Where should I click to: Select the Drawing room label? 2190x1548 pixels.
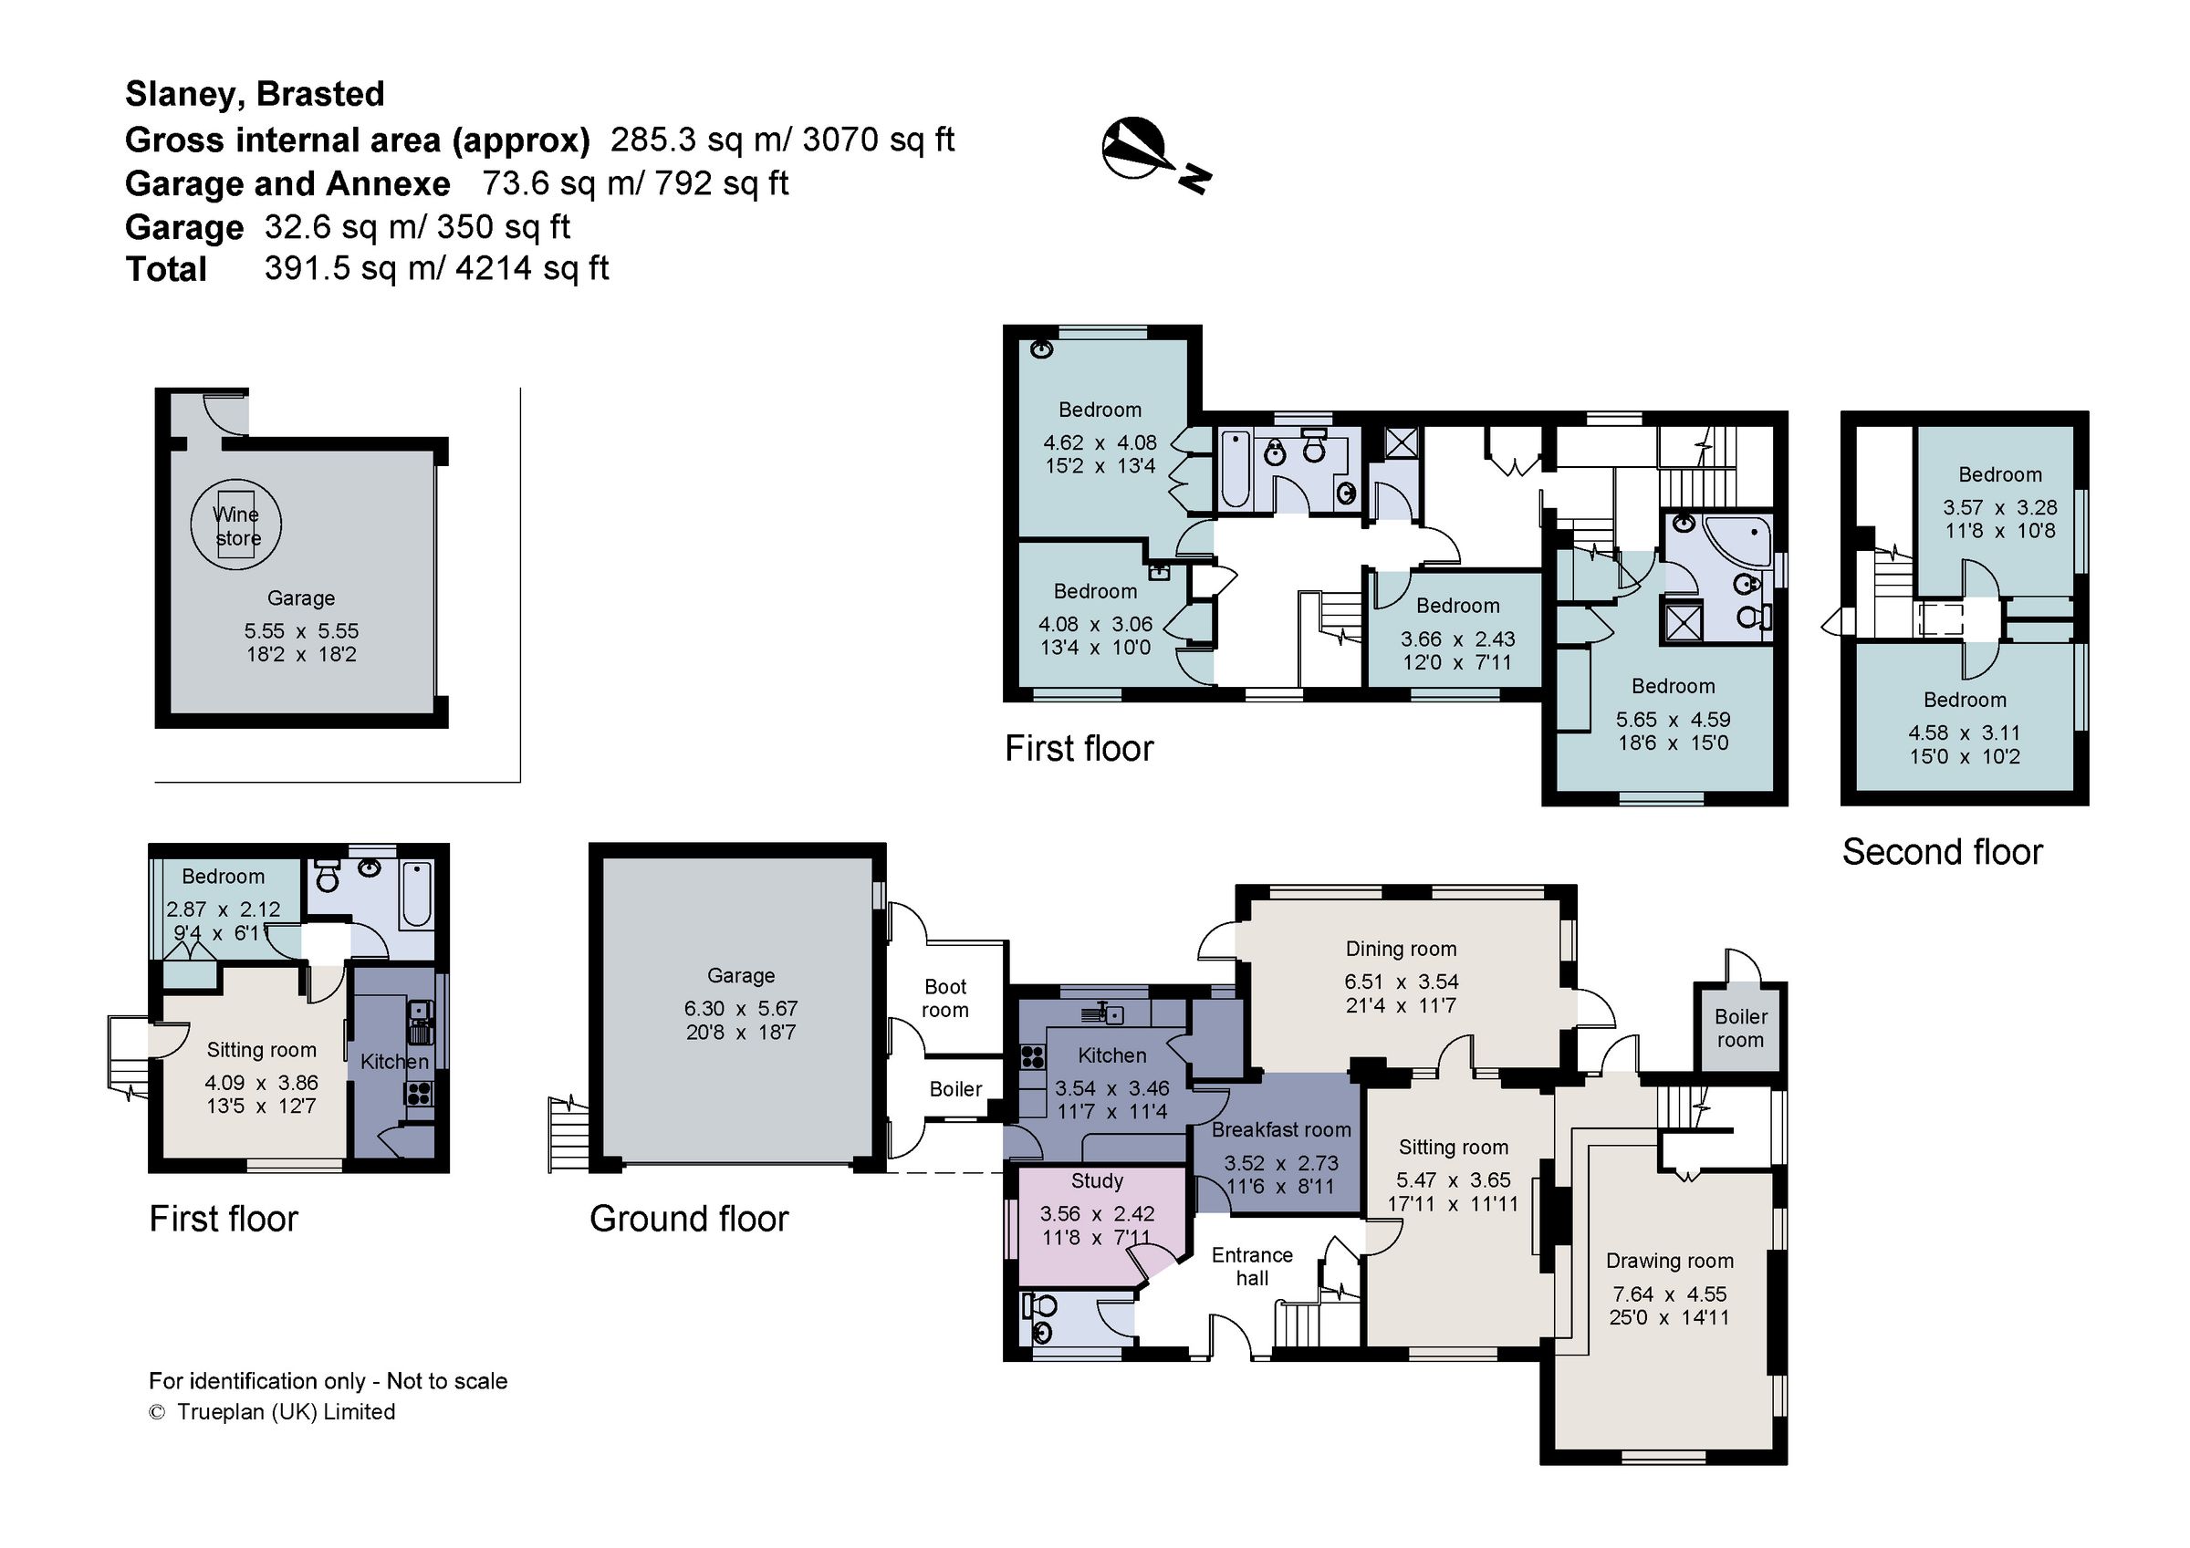click(x=1669, y=1261)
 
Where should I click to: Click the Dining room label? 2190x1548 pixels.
click(x=1400, y=949)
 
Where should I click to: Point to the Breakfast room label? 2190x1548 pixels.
click(x=1281, y=1130)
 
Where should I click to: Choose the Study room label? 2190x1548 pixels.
click(x=1097, y=1181)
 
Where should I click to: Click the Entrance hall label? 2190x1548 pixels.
click(x=1252, y=1267)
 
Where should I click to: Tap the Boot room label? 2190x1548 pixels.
click(x=944, y=998)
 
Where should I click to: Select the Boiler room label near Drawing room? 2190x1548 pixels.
click(x=1741, y=1028)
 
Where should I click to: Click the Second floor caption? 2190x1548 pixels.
click(x=1942, y=852)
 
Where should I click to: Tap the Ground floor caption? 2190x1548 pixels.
click(x=689, y=1219)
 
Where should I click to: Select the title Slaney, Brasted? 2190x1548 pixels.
click(x=255, y=93)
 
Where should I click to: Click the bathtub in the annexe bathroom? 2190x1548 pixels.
click(x=417, y=893)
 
